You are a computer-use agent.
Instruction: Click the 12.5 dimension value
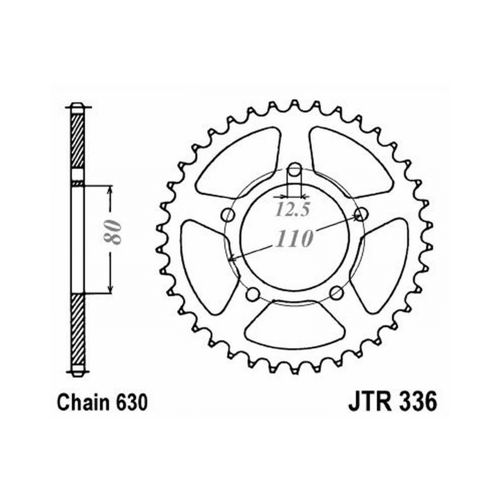pos(293,209)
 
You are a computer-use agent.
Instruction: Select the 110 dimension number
pos(295,238)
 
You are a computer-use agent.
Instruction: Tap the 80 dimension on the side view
pos(112,232)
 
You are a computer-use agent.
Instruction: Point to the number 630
pos(132,402)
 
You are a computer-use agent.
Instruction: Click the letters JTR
pos(370,402)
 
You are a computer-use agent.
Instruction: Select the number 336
pos(417,402)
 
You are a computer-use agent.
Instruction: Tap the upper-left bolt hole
pos(228,215)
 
